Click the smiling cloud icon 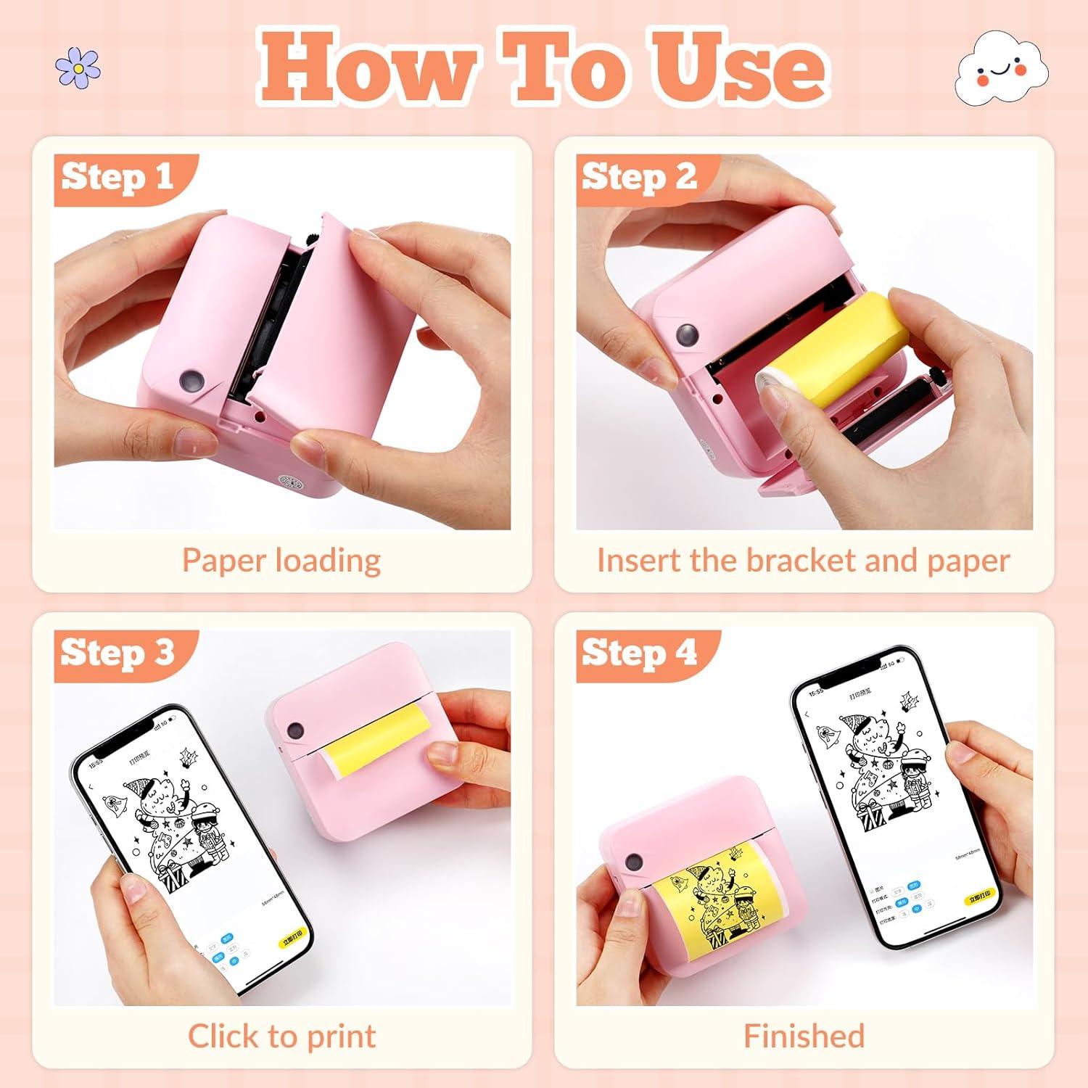pos(1002,71)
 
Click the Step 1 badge pos(118,178)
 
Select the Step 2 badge pos(639,178)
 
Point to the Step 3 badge pos(118,653)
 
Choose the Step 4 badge pos(639,653)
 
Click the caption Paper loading pos(281,561)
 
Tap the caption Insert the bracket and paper pos(803,561)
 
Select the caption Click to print pos(281,1036)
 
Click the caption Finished pos(804,1036)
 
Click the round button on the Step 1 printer pos(192,380)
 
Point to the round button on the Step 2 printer pos(687,334)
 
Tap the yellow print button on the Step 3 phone pos(292,942)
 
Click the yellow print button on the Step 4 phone pos(980,898)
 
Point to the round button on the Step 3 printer pos(294,729)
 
